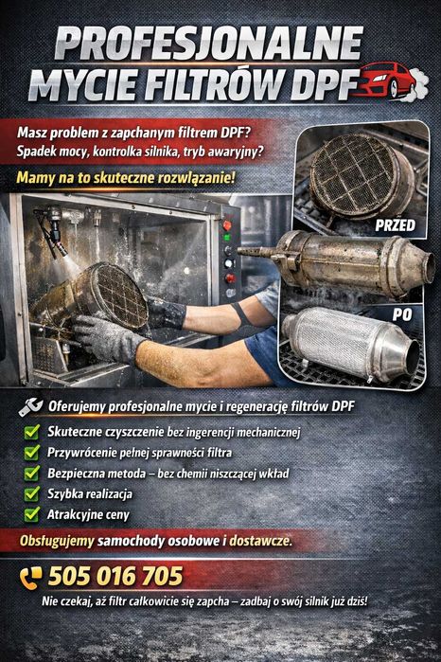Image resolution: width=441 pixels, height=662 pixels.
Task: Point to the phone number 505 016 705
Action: pos(115,576)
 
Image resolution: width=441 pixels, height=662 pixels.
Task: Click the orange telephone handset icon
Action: pos(31,577)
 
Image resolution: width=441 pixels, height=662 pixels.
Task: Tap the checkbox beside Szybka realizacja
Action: pos(30,493)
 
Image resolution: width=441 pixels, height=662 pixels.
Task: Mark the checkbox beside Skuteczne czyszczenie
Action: pos(30,432)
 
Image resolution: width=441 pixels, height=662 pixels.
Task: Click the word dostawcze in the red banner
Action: pos(259,542)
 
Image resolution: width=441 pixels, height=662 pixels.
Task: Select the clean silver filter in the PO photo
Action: pos(350,342)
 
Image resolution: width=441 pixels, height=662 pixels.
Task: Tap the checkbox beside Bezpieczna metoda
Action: pos(30,473)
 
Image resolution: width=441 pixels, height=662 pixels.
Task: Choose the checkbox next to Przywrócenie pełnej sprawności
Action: pos(30,453)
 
